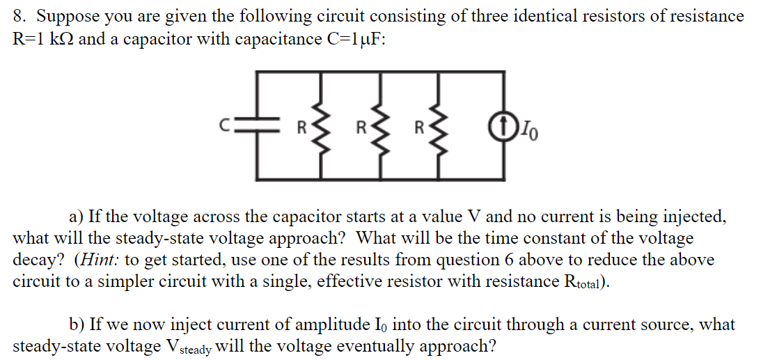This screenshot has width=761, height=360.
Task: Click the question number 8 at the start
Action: (19, 16)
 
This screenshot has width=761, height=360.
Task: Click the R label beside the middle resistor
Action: (361, 128)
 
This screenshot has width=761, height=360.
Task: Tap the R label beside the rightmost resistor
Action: (419, 128)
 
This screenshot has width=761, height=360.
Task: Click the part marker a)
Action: (77, 217)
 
